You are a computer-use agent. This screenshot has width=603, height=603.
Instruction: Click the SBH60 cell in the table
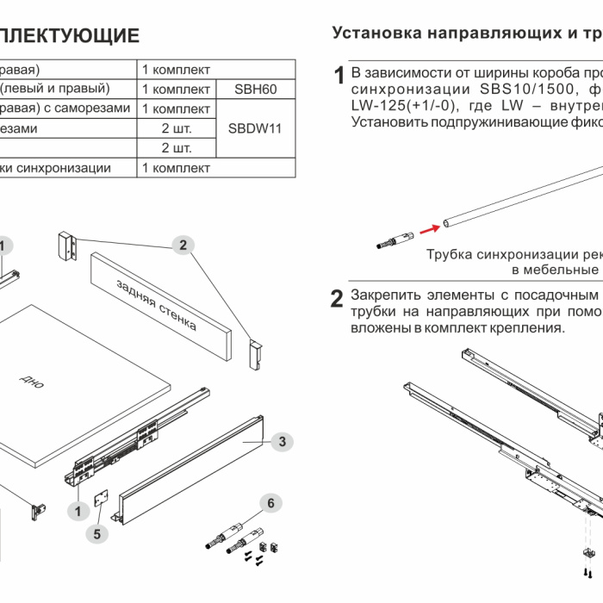point(256,89)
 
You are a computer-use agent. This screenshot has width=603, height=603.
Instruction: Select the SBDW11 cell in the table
point(256,128)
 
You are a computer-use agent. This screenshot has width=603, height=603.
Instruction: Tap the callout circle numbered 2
point(182,246)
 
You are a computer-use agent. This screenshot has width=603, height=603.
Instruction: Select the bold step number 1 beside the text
point(340,75)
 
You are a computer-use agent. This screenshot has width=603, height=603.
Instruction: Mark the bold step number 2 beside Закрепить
point(339,299)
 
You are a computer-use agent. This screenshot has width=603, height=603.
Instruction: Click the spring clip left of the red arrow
point(395,242)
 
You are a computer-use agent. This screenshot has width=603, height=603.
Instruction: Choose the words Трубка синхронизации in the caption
point(490,255)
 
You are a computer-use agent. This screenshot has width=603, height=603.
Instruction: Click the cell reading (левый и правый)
point(55,89)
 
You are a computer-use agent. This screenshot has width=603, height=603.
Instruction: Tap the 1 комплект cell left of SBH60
point(176,89)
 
